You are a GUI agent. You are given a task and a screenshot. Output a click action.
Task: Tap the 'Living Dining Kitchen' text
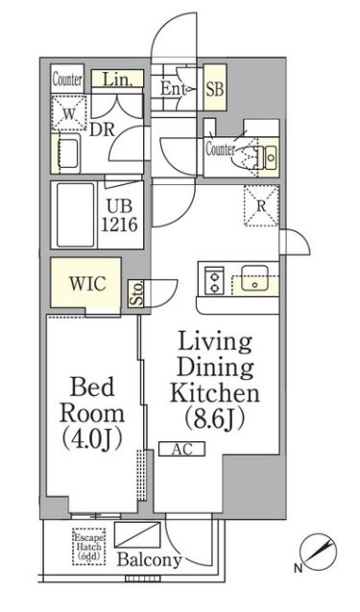214,367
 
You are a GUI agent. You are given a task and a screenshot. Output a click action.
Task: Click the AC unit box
182,448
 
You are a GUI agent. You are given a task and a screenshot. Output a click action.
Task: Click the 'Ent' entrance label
173,88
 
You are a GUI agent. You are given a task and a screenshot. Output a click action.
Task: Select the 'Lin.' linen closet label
118,80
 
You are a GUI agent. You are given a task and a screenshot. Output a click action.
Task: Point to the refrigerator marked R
257,204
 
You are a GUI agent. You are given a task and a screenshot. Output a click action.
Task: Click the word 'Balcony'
149,560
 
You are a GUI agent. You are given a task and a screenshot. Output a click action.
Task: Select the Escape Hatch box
89,549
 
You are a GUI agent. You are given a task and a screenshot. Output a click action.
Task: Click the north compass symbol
316,551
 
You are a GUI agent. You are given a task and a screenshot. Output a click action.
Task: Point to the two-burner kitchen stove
212,279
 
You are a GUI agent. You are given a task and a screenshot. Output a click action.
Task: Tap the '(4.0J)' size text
92,438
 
